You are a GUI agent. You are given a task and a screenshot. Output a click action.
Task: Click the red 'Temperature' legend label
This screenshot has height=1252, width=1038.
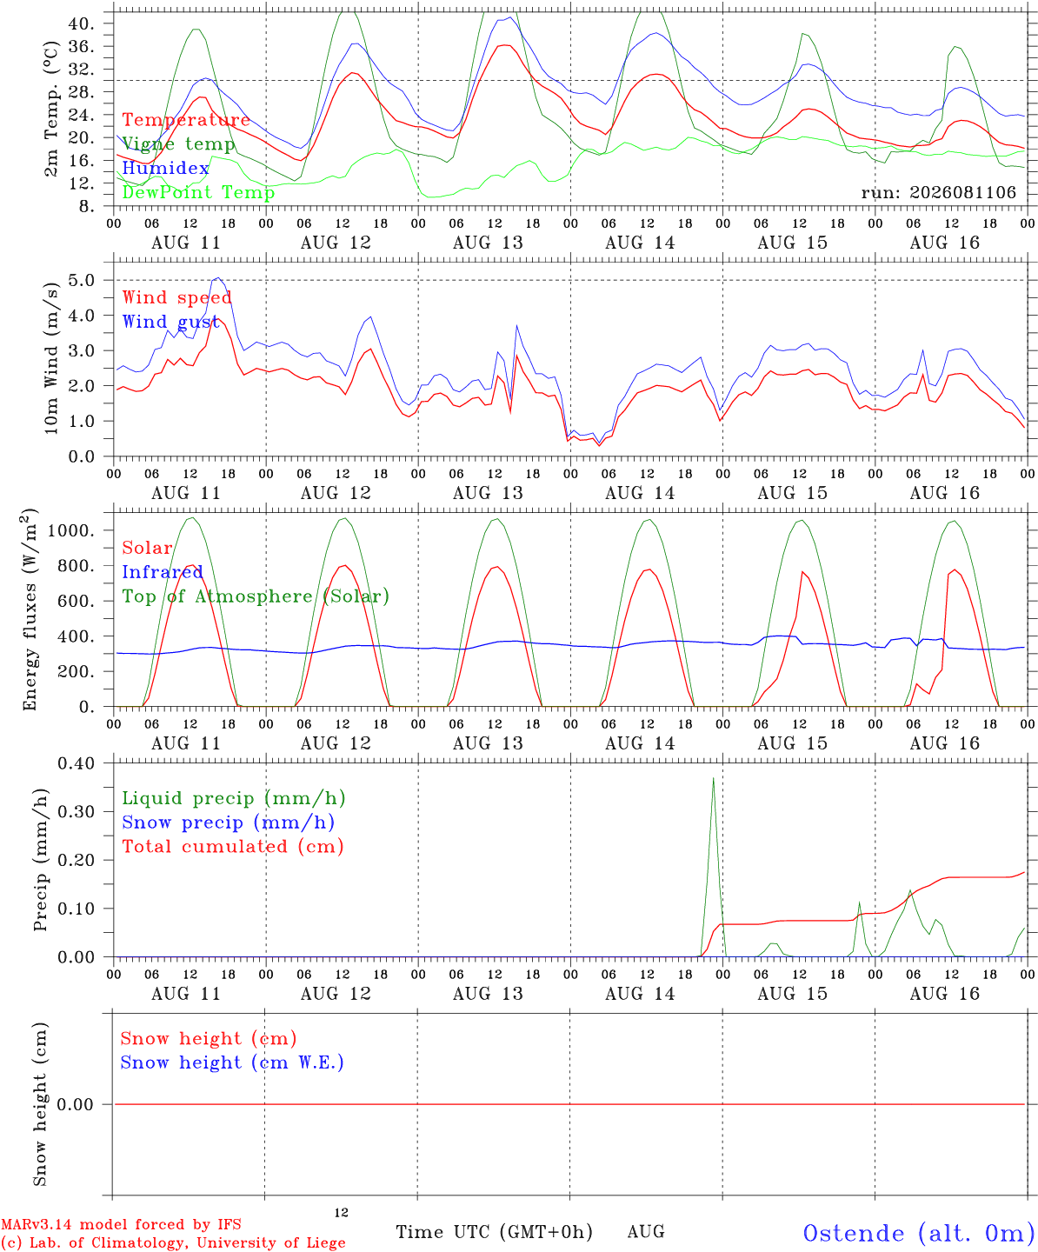point(186,120)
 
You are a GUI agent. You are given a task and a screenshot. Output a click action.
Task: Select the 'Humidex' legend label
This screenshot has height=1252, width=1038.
point(165,168)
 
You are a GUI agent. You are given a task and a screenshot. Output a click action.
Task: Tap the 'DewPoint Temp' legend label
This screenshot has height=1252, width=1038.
point(198,192)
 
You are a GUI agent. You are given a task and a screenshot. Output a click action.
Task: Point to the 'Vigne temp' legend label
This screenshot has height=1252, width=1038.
point(179,144)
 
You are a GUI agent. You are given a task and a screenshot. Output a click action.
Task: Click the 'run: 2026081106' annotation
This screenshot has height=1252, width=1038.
point(938,192)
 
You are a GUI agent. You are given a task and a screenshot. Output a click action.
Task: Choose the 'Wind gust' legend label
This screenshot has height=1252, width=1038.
point(170,322)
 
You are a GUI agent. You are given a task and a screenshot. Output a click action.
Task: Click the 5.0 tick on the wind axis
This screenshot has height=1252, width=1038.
point(82,280)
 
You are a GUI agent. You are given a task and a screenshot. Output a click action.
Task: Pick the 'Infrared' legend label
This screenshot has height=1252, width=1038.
point(163,572)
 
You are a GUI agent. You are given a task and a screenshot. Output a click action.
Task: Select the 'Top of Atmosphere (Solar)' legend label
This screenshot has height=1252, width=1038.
point(256,596)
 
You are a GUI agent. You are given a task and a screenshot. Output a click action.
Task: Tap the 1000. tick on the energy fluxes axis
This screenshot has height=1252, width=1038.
point(70,530)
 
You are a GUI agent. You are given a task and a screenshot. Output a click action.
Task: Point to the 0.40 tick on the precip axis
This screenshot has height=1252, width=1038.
point(77,763)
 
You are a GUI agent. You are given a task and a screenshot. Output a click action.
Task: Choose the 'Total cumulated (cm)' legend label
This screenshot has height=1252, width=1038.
point(233,846)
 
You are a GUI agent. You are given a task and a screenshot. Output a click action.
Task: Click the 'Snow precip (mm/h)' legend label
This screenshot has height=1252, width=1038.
point(228,822)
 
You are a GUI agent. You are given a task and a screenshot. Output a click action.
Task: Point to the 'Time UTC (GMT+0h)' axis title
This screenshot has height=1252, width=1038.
point(494,1232)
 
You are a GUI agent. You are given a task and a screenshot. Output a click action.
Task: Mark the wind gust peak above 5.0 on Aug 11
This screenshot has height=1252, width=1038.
point(218,277)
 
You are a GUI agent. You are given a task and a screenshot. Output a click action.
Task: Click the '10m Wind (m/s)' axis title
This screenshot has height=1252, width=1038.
point(51,358)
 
